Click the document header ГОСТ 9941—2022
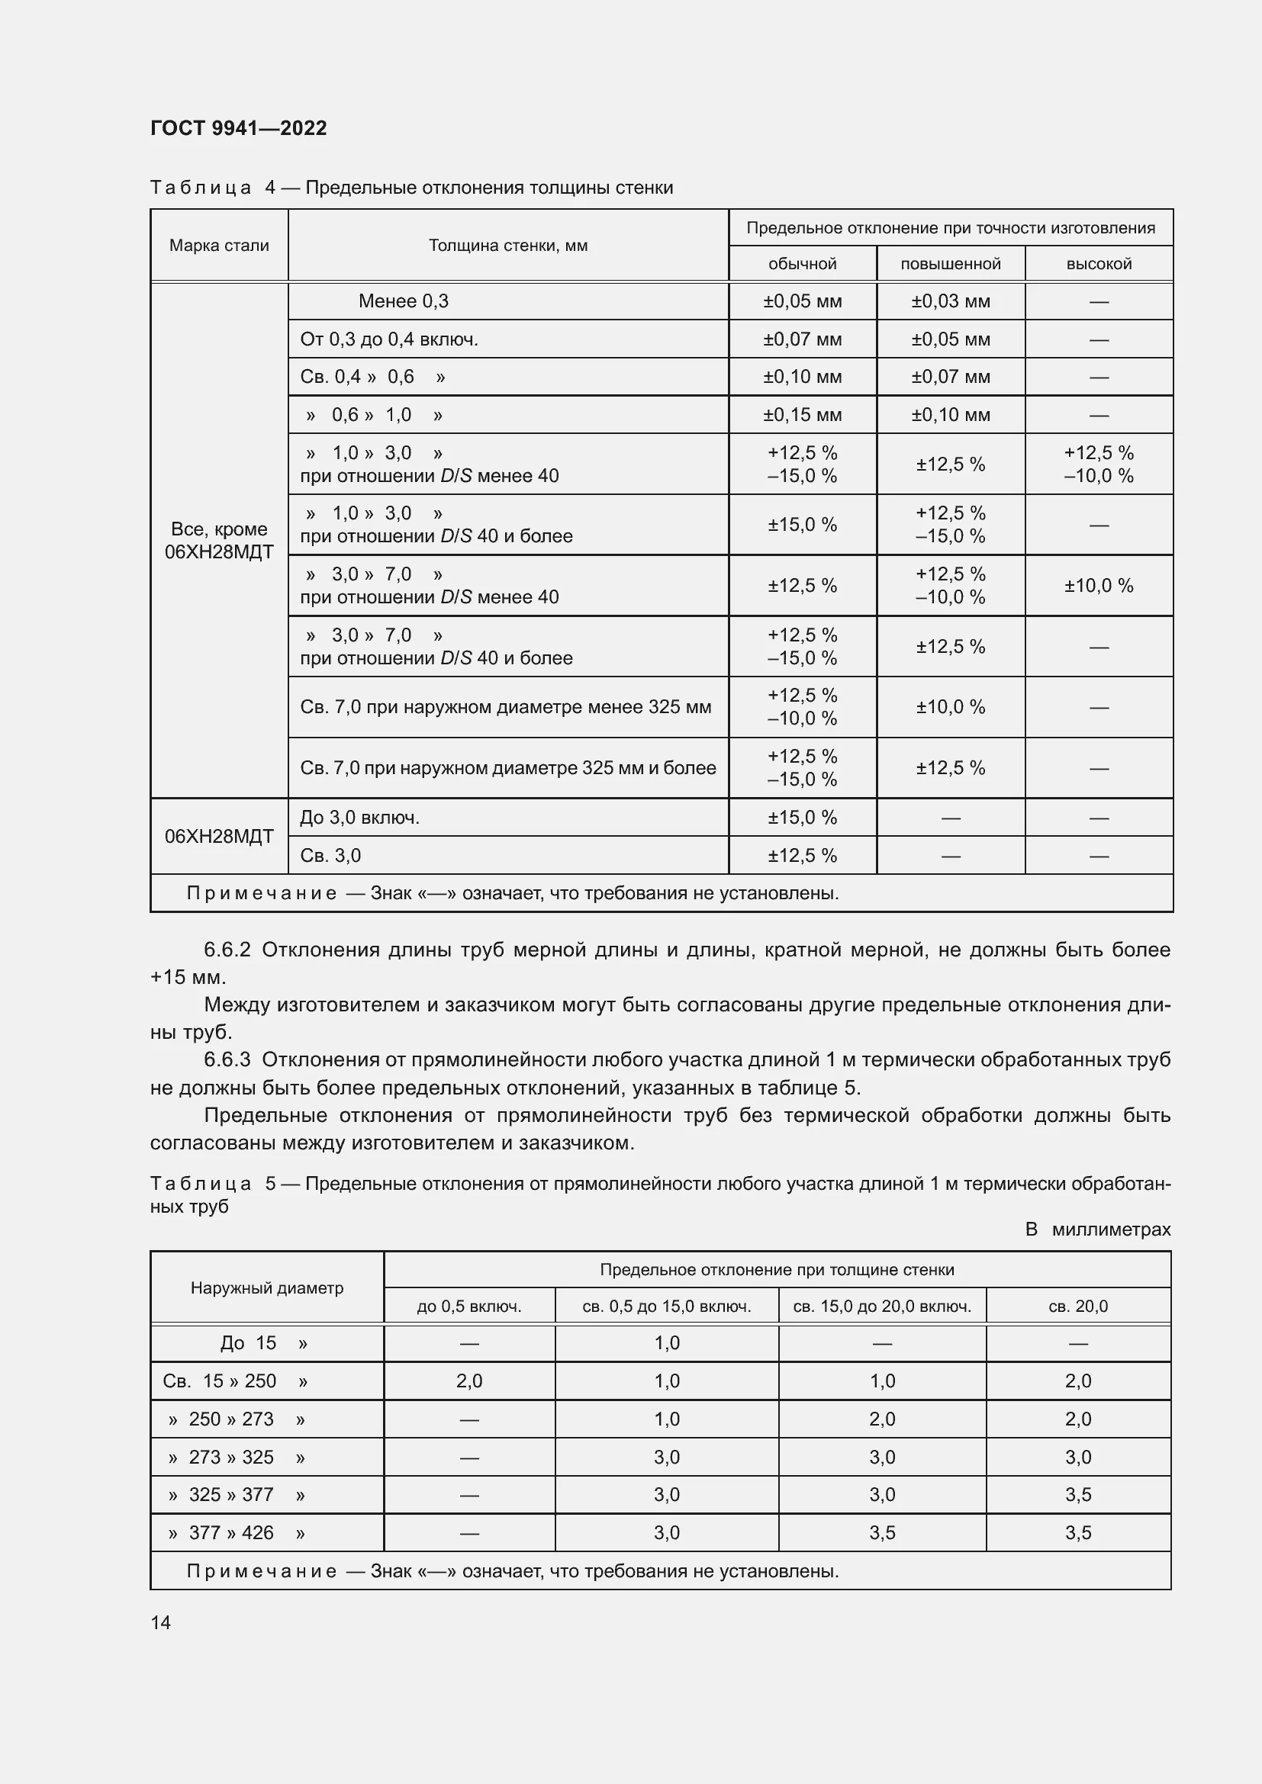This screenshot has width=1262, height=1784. (239, 128)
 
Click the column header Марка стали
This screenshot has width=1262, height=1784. (219, 246)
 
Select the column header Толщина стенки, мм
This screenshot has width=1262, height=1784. (508, 246)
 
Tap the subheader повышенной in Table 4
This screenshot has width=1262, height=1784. (951, 264)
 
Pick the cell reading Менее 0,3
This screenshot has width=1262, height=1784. (404, 301)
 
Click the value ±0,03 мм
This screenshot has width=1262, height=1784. (951, 301)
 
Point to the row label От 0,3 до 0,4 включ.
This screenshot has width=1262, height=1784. (388, 339)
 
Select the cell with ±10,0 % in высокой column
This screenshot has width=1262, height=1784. (1098, 586)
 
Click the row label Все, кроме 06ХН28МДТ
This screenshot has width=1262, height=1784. (219, 541)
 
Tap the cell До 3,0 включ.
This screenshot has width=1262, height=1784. (360, 818)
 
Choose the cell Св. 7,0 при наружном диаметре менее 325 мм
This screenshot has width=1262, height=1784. (506, 707)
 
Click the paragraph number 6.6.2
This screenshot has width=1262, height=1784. (227, 950)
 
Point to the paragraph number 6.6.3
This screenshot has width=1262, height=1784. (227, 1060)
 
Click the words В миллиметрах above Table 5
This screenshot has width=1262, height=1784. (1097, 1230)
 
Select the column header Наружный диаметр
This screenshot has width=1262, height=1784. (266, 1287)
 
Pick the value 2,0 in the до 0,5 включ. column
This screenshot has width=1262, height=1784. (469, 1381)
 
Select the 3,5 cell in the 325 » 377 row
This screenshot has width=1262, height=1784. (1078, 1494)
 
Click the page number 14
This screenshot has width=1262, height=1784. (161, 1622)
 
